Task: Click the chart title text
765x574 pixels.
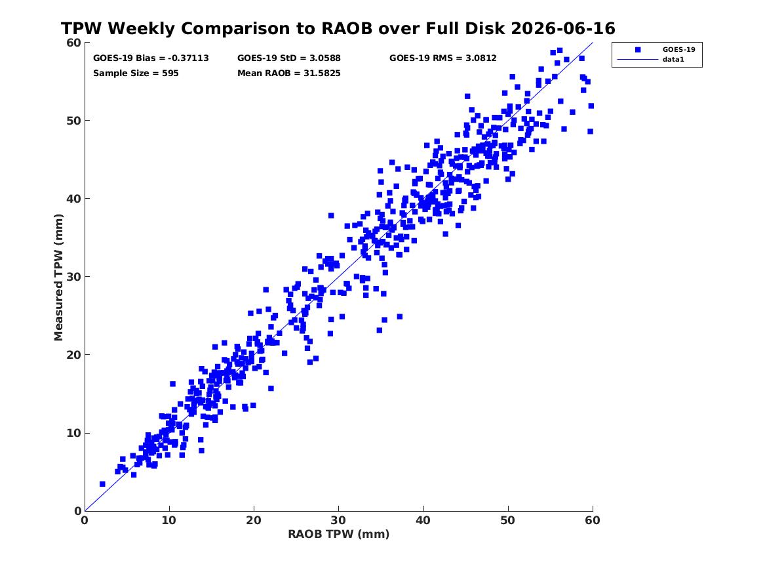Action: (338, 29)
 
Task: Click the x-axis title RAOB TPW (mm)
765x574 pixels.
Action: (339, 535)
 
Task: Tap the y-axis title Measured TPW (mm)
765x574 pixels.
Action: (58, 277)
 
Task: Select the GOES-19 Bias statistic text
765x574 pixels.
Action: (151, 58)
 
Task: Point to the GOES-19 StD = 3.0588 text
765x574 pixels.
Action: (289, 58)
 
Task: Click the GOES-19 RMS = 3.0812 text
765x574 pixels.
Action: (443, 58)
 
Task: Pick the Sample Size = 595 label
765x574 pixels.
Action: (136, 73)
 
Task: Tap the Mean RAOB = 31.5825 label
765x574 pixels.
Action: (289, 73)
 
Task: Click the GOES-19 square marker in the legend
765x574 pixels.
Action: (637, 49)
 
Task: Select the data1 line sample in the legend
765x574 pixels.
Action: (637, 60)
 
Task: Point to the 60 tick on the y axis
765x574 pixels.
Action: (73, 43)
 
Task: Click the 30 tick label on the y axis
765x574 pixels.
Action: (73, 277)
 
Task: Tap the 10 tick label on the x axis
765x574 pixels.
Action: (169, 520)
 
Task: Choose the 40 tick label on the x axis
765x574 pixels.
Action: (423, 520)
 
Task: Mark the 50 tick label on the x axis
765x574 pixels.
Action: (508, 520)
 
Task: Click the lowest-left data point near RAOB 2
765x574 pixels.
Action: (102, 483)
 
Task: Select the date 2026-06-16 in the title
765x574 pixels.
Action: (563, 29)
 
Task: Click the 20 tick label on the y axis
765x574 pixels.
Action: (73, 355)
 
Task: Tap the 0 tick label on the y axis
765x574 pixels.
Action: (78, 511)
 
